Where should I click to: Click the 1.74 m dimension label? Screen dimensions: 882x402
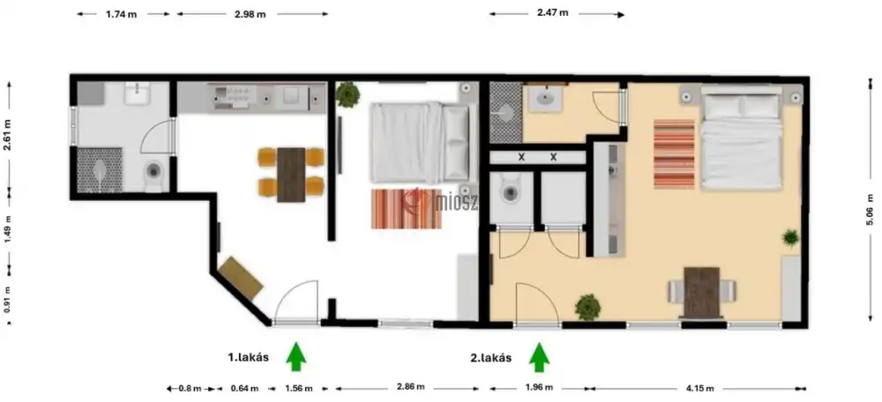pos(121,15)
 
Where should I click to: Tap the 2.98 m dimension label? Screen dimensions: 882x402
pos(250,15)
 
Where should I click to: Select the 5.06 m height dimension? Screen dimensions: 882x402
pos(871,210)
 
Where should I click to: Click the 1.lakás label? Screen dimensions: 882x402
pos(248,357)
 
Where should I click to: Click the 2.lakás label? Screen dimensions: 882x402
pos(491,358)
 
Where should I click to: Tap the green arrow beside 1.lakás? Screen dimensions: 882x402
pos(295,357)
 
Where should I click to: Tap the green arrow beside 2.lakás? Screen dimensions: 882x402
pos(540,358)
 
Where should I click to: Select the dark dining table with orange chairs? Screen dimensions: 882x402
pos(291,175)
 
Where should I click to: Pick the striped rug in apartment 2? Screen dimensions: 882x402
pos(674,154)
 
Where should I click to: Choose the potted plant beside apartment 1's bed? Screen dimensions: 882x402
pos(348,94)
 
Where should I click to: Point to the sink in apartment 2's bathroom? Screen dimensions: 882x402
pos(544,100)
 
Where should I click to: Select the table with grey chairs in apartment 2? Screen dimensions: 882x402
pos(701,293)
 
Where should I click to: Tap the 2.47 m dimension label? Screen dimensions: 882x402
pos(552,12)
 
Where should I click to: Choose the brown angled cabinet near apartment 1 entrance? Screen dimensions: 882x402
pos(241,278)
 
